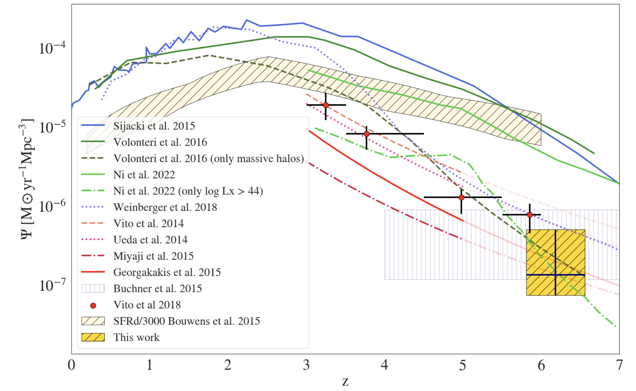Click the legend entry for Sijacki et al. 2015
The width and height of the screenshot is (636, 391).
(x=154, y=126)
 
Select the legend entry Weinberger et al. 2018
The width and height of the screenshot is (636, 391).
(x=165, y=207)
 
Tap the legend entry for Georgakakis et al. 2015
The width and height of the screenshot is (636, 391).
(x=167, y=272)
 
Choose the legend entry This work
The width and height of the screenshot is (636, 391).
(x=136, y=337)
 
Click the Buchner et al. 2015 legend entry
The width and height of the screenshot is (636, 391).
(x=157, y=289)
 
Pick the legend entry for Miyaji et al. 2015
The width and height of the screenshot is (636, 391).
(x=153, y=256)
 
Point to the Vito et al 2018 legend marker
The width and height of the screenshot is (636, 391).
(x=93, y=305)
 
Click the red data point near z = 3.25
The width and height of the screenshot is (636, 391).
(x=326, y=105)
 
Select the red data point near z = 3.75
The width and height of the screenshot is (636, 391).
(x=366, y=134)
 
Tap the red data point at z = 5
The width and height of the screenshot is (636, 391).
(x=461, y=197)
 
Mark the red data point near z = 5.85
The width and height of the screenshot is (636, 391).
(x=530, y=215)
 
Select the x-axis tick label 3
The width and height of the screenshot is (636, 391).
(x=306, y=365)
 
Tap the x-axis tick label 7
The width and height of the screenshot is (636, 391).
(x=619, y=365)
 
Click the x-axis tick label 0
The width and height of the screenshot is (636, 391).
(x=71, y=365)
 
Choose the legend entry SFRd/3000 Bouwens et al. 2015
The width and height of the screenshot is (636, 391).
(x=186, y=321)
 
